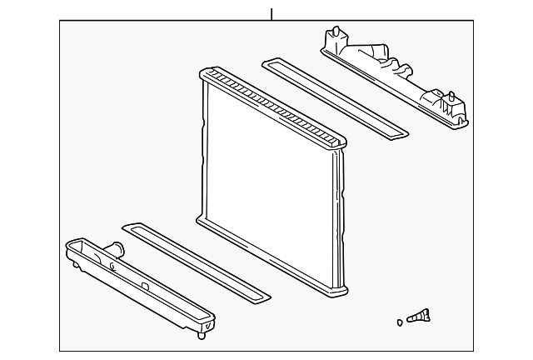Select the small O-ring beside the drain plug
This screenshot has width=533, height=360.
(401, 321)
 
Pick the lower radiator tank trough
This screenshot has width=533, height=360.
(137, 283)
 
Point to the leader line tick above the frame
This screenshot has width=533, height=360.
(271, 14)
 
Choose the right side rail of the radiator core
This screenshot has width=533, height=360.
(337, 221)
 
